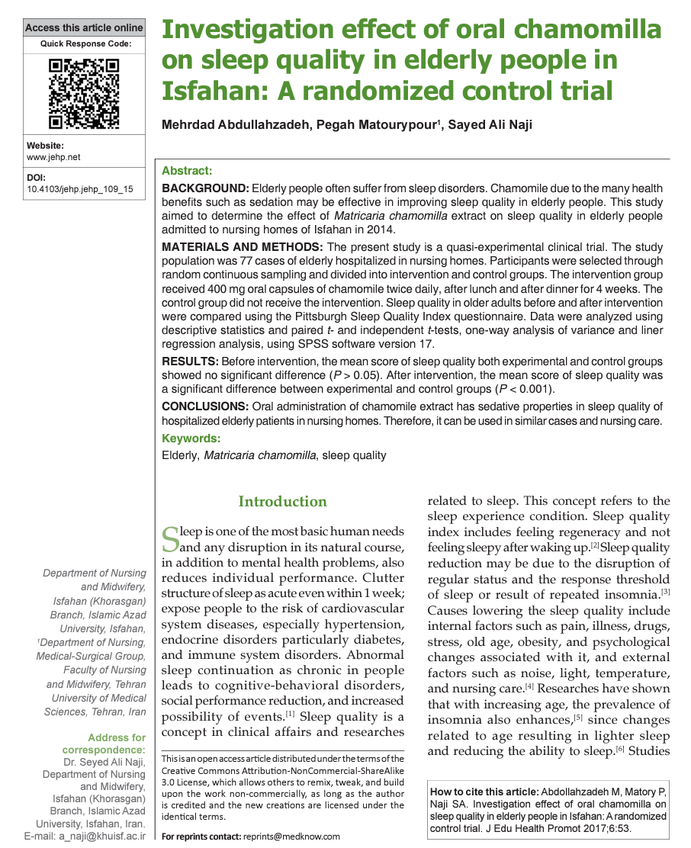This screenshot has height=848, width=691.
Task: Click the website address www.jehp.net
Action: click(x=53, y=157)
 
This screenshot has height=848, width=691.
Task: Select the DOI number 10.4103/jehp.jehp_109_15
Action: click(x=80, y=188)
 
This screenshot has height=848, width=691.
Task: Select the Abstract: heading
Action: click(x=187, y=172)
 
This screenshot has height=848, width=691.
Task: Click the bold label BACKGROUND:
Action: click(x=205, y=188)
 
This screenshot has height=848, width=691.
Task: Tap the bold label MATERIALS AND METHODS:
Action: click(x=243, y=247)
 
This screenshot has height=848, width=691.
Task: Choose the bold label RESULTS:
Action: click(x=189, y=361)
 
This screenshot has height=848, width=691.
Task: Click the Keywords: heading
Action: click(x=191, y=438)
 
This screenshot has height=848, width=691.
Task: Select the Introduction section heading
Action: click(x=282, y=501)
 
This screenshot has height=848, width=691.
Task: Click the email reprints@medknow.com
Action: click(x=291, y=837)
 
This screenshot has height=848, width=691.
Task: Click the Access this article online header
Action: click(x=84, y=27)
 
